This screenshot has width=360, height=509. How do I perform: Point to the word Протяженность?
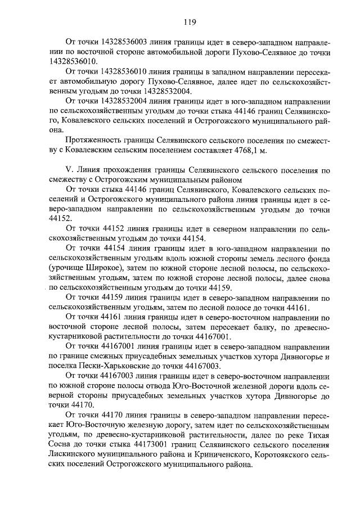[95, 139]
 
